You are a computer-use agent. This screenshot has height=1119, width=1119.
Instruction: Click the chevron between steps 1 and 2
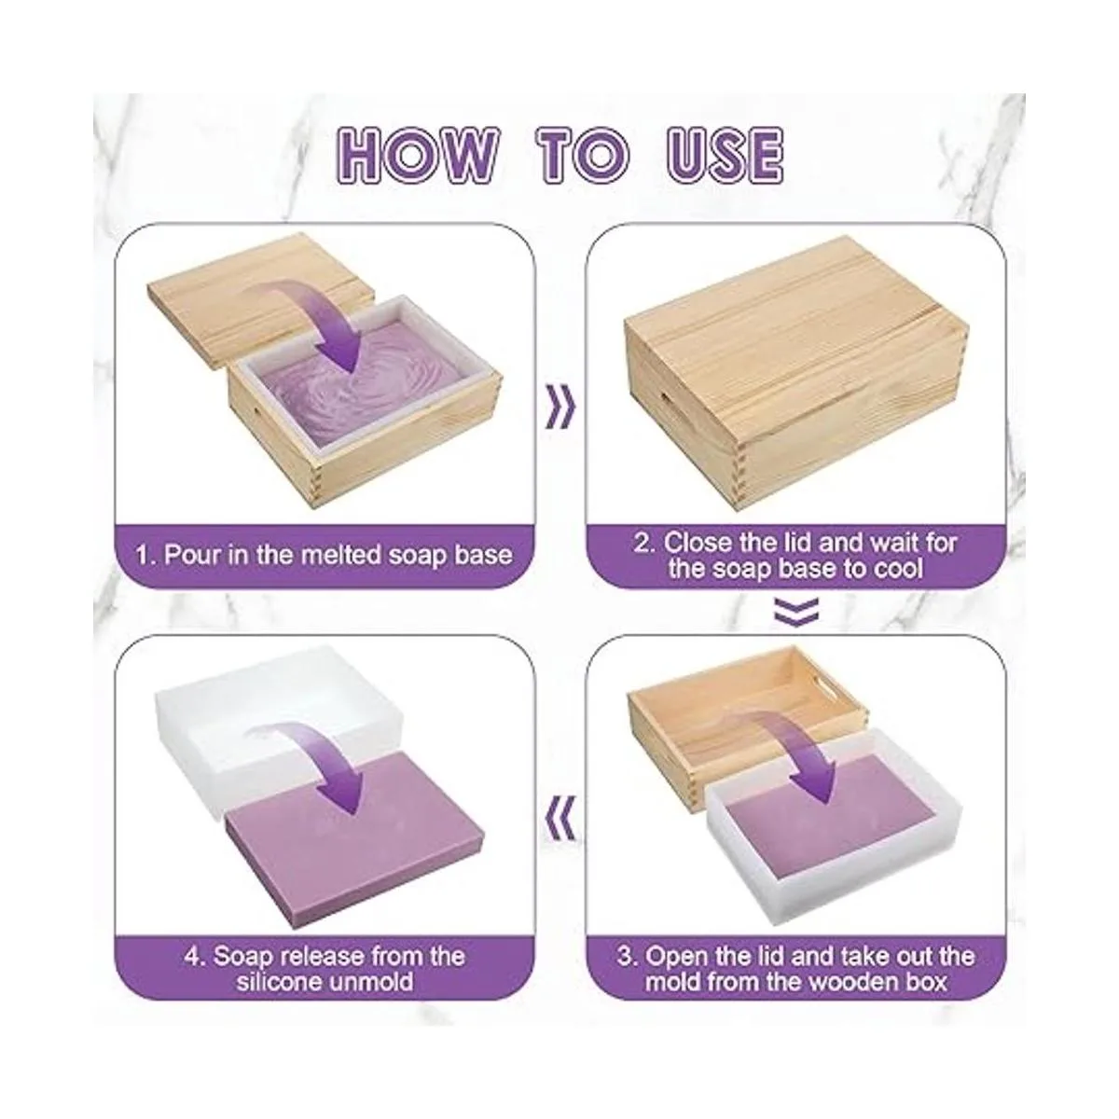561,408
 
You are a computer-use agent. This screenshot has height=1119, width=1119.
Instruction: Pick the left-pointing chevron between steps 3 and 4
561,819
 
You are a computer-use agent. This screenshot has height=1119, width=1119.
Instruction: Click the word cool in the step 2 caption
896,569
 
